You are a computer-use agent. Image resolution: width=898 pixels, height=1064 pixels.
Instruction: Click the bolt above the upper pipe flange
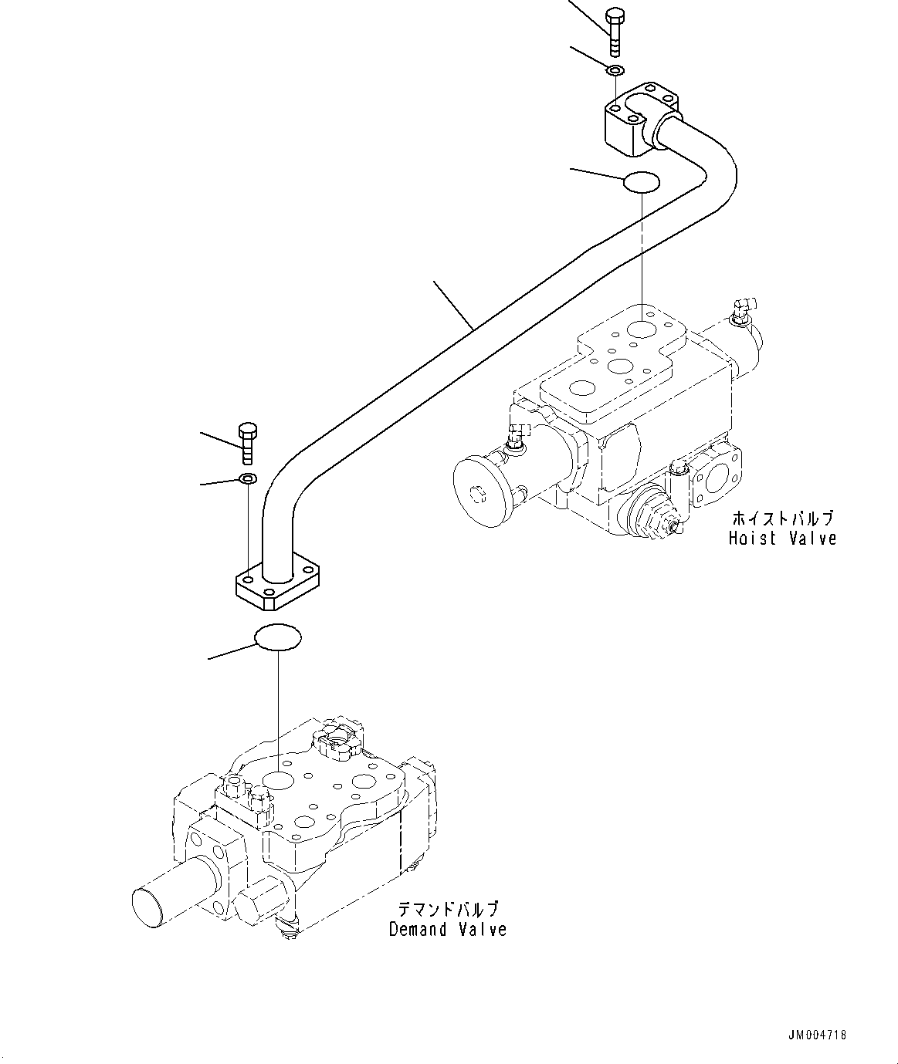coord(615,32)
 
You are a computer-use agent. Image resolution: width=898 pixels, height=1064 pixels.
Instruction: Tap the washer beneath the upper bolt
coord(615,71)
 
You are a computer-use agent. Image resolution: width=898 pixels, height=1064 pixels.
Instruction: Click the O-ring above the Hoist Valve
coord(641,182)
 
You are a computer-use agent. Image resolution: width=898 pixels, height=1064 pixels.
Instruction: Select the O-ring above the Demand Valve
coord(278,637)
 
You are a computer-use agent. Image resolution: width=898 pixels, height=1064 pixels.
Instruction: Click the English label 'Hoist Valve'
coord(782,538)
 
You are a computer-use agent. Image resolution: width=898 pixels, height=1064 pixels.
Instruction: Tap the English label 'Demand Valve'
coord(448,929)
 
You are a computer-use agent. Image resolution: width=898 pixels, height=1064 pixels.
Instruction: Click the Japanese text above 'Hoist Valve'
coord(782,518)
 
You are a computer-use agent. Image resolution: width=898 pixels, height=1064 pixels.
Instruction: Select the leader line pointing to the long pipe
coord(454,306)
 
